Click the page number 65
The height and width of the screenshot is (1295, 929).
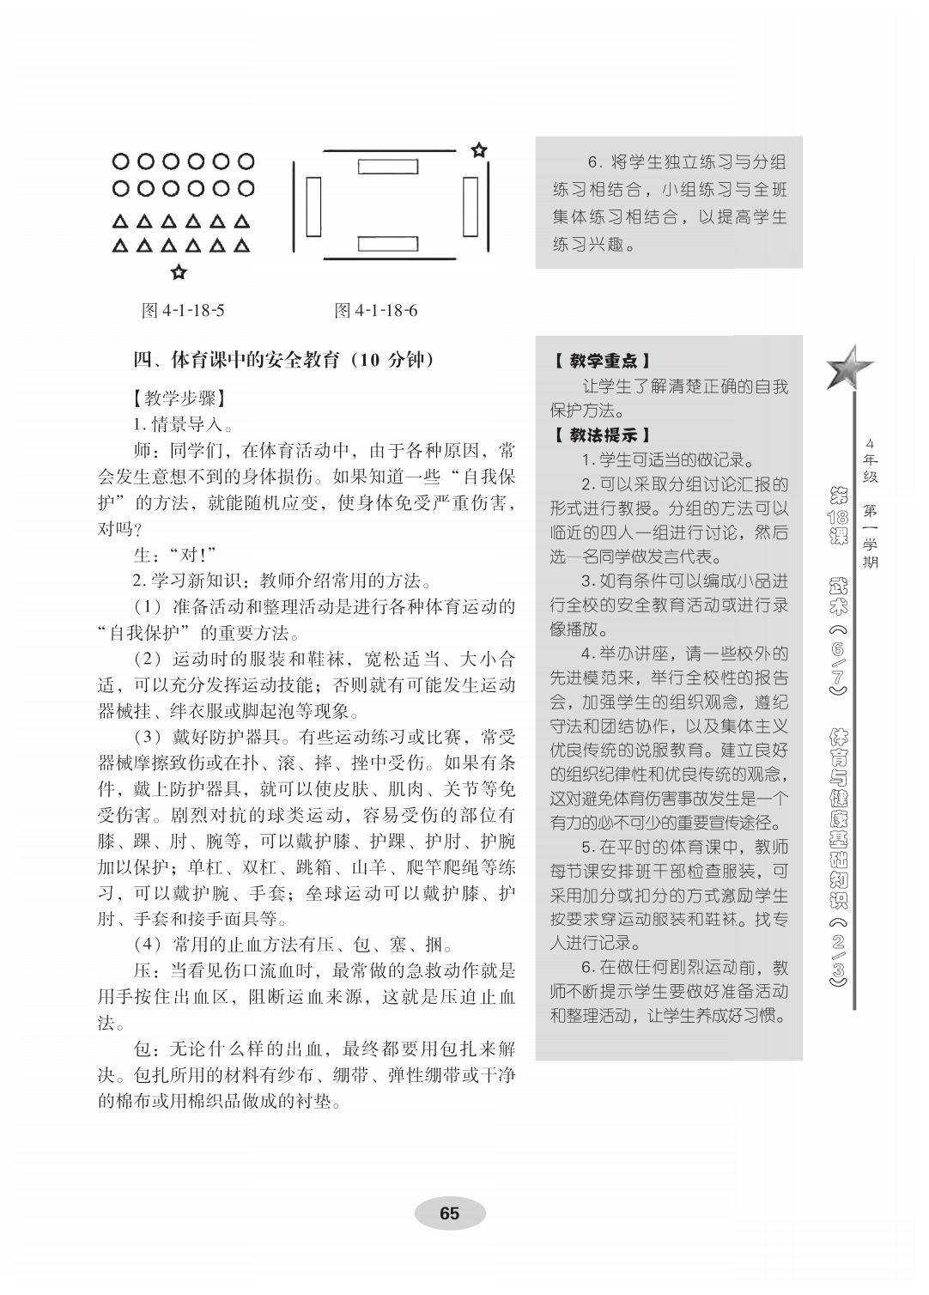[x=449, y=1213]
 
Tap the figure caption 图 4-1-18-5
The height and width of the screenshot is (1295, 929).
[x=183, y=311]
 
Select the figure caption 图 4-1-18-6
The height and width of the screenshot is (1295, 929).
[x=376, y=311]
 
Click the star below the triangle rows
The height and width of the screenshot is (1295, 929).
[x=179, y=273]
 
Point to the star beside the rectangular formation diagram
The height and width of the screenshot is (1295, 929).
[x=479, y=150]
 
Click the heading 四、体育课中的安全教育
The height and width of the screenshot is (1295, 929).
[x=284, y=359]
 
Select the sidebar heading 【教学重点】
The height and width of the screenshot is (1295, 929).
[x=601, y=362]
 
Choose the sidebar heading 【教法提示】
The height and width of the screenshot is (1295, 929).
[x=601, y=435]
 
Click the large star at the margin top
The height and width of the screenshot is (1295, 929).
[x=847, y=369]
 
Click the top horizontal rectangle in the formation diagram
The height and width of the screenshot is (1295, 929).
[x=386, y=165]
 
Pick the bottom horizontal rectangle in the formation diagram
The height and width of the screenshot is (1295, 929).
[x=386, y=244]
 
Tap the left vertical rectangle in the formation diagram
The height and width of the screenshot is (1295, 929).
[x=313, y=205]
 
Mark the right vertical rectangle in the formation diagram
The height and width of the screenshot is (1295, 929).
[x=470, y=205]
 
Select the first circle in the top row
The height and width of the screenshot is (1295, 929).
[x=121, y=161]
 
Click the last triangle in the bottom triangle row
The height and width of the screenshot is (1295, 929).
[x=244, y=247]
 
